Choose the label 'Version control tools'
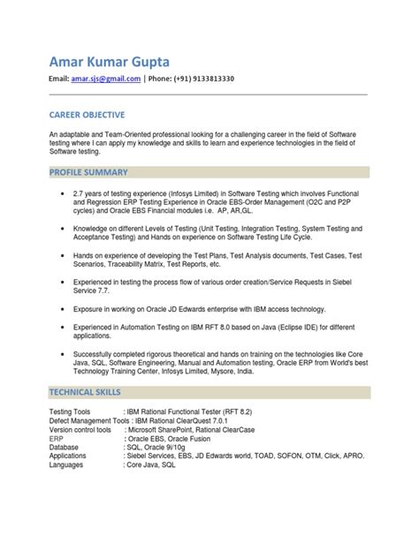(x=80, y=430)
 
